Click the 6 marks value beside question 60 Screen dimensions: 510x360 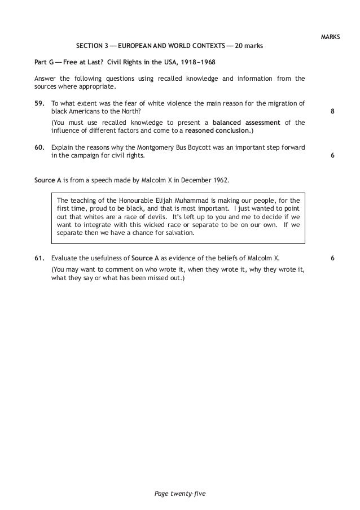[332, 156]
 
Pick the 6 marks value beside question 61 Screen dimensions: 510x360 [332, 259]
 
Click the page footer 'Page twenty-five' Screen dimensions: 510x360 [179, 495]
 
